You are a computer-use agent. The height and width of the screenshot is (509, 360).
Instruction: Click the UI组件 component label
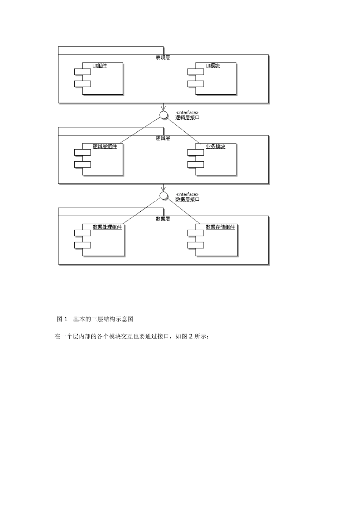click(x=100, y=66)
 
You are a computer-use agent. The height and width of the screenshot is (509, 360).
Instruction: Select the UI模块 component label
click(x=213, y=66)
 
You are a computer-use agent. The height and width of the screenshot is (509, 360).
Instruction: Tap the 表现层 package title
click(x=163, y=58)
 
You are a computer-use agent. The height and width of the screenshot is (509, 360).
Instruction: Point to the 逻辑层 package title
click(x=163, y=138)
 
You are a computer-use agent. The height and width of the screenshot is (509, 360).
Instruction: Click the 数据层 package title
click(x=163, y=219)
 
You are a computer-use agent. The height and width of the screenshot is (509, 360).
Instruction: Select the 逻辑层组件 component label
click(x=105, y=146)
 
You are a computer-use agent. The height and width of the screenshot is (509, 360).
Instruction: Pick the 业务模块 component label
click(x=215, y=146)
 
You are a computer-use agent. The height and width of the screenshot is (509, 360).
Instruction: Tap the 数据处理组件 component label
click(x=107, y=227)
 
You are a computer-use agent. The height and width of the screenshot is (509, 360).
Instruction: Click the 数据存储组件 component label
click(x=220, y=227)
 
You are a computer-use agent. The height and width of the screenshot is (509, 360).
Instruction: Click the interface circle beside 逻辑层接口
click(x=163, y=115)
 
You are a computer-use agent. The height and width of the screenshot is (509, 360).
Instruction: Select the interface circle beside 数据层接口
click(x=163, y=195)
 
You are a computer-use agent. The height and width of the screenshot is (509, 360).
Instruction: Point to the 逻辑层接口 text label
click(x=188, y=118)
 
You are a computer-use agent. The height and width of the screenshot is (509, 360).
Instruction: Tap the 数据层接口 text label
click(x=188, y=199)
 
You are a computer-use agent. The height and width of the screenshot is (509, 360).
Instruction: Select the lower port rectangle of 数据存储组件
click(x=196, y=245)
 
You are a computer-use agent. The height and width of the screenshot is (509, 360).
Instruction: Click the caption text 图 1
click(x=62, y=319)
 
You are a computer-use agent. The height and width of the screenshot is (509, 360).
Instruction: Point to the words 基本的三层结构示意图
click(x=103, y=319)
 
